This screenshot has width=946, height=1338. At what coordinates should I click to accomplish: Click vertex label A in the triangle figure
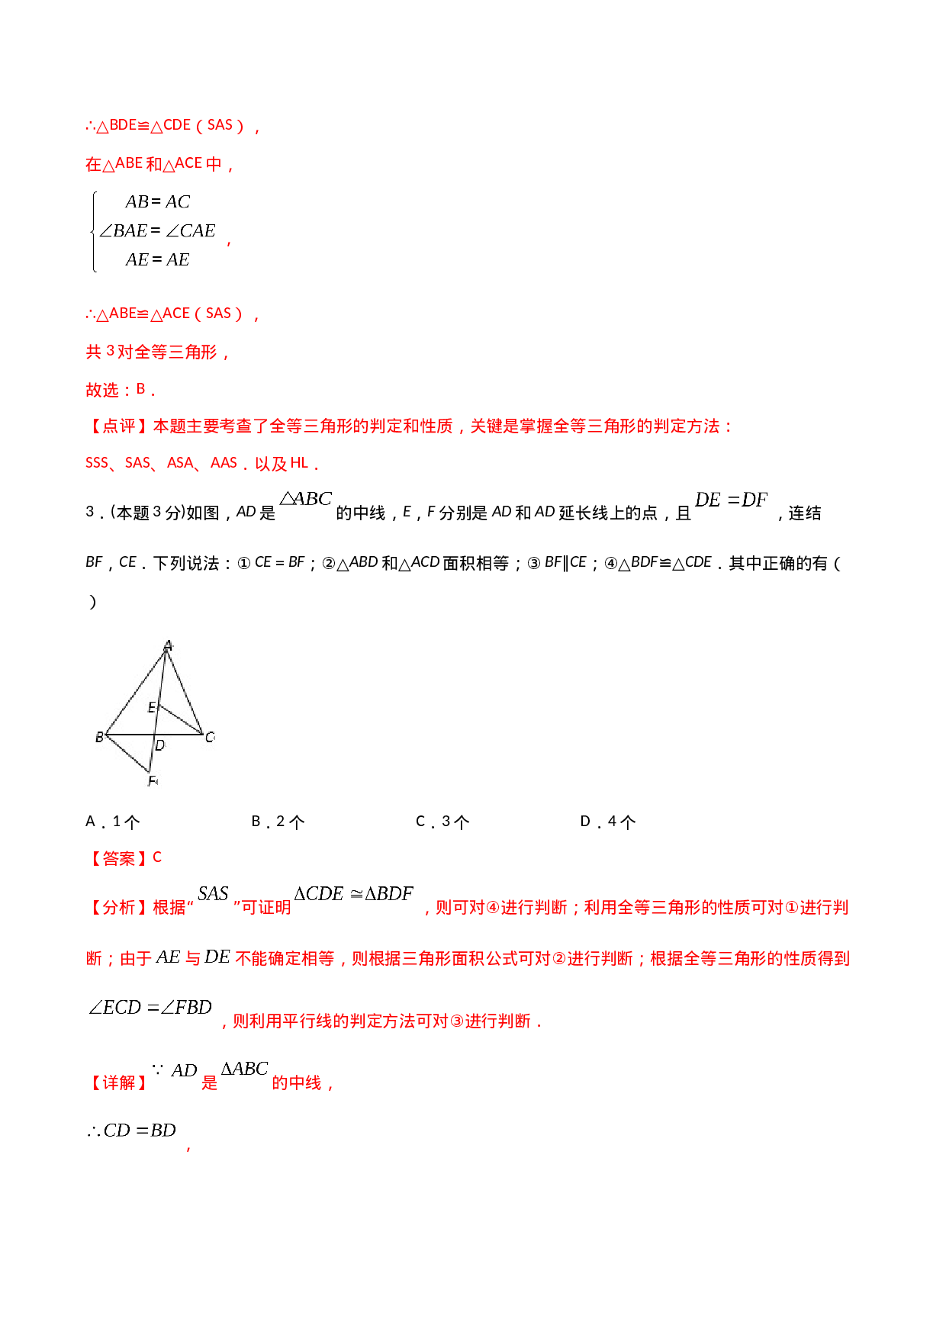[x=169, y=646]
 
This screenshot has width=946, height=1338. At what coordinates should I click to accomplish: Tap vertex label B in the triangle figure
[x=99, y=737]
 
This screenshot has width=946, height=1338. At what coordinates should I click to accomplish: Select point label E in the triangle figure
[x=151, y=707]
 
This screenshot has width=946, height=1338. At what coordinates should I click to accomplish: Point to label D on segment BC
[x=160, y=745]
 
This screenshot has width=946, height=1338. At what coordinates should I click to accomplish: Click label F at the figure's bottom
[x=153, y=780]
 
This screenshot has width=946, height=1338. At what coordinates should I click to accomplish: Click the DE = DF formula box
[x=731, y=499]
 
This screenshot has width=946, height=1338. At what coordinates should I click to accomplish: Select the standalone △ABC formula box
[x=305, y=498]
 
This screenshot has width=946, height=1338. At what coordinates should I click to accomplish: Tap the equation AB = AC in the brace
[x=157, y=202]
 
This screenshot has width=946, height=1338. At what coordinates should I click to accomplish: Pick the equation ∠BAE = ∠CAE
[x=157, y=230]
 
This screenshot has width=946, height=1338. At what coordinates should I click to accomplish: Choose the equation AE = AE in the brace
[x=157, y=259]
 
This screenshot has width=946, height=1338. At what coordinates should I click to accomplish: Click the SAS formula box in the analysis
[x=213, y=893]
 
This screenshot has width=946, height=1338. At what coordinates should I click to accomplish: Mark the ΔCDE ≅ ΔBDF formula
[x=354, y=893]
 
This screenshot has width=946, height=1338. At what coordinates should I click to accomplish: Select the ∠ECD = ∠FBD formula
[x=150, y=1007]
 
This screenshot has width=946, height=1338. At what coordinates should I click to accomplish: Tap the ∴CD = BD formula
[x=133, y=1130]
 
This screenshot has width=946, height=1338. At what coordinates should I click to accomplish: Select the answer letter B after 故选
[x=141, y=389]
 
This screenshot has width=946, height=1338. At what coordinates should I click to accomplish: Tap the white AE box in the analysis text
[x=168, y=957]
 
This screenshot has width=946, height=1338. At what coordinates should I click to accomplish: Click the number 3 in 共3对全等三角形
[x=110, y=351]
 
